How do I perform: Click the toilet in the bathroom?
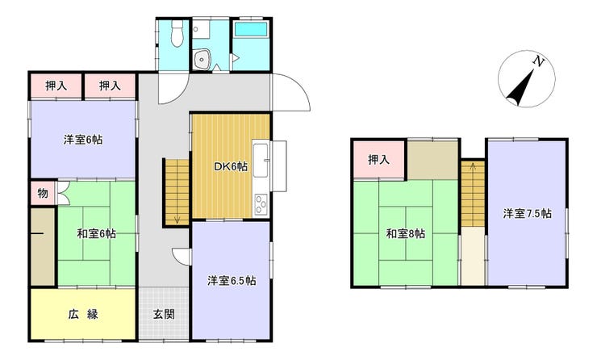pos(177,34)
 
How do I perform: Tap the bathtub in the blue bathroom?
pos(251,29)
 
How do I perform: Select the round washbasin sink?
pos(201,59)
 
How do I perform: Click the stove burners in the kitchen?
pos(261,204)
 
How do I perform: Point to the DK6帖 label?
pos(231,166)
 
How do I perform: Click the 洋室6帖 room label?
pos(83,140)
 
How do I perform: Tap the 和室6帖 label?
pos(97,233)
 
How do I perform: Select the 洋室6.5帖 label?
pos(232,281)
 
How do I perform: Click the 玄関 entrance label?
pos(164,314)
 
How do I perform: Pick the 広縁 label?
pos(83,314)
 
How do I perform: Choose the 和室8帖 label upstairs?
pos(406,233)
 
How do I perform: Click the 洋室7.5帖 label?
pos(528,213)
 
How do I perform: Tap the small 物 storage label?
pos(43,194)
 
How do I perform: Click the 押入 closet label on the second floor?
pos(379,160)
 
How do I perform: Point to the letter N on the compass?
pos(538,61)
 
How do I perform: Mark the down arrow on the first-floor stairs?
pos(177,219)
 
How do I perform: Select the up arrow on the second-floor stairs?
pos(473,165)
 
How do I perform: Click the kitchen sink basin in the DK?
pos(261,161)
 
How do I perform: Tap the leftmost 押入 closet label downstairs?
pos(56,86)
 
